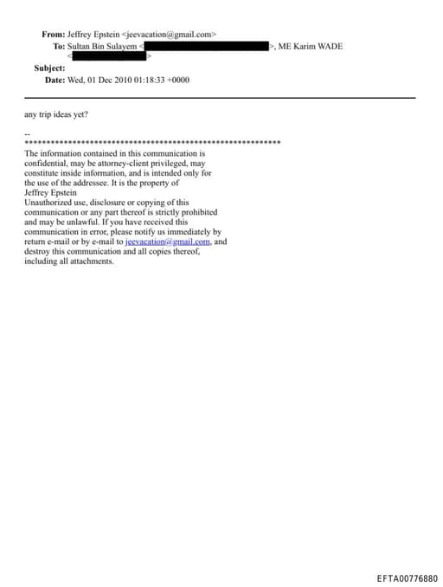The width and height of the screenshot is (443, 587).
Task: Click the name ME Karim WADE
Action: click(310, 46)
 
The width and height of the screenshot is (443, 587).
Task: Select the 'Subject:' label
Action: click(50, 68)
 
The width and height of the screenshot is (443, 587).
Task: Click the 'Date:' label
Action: click(55, 80)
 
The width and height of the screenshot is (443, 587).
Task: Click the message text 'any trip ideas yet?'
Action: click(56, 114)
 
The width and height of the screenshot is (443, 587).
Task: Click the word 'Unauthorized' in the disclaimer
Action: click(48, 202)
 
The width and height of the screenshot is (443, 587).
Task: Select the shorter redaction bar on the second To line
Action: click(107, 56)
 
